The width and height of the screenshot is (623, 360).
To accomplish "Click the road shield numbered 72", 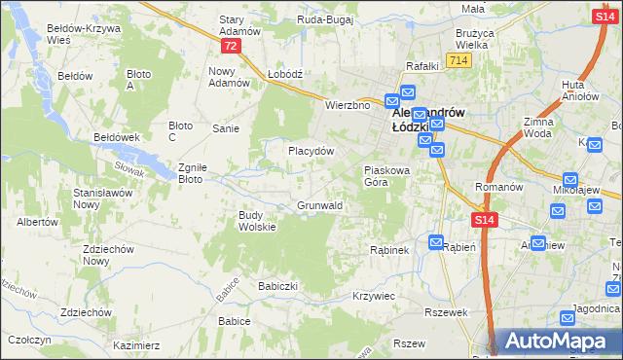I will (229, 46).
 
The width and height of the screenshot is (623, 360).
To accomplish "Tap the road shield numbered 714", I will (460, 60).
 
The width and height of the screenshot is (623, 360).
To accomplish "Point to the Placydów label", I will (311, 151).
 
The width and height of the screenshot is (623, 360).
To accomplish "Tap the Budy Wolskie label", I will (258, 221).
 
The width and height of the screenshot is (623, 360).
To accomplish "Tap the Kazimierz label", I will (136, 345).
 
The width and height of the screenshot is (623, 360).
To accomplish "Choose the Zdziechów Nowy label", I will (108, 255).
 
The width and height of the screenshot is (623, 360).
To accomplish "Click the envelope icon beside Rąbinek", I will (437, 242).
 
